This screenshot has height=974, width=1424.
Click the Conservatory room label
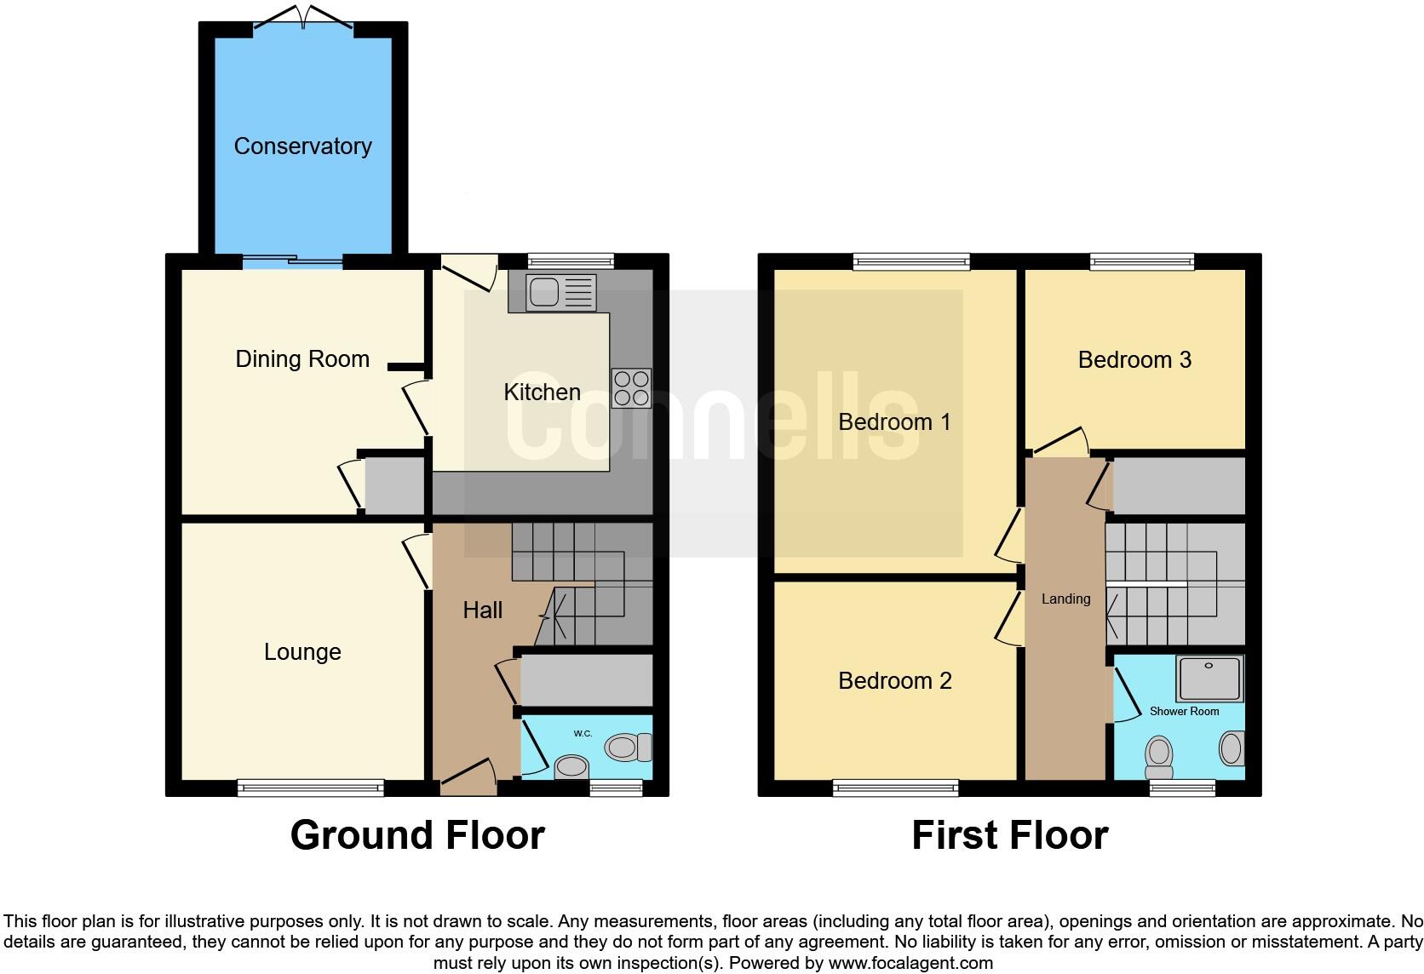(302, 146)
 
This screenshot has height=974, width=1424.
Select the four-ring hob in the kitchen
(631, 388)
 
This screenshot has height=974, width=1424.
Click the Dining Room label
(302, 359)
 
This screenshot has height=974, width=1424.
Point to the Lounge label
(302, 652)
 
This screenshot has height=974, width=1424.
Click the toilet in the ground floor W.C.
(629, 748)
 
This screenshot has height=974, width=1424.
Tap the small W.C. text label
(583, 732)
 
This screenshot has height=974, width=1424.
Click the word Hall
(482, 610)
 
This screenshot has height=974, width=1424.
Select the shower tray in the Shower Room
(1209, 678)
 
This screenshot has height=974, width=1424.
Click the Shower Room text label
(1184, 711)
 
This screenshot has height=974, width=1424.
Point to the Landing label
(1065, 599)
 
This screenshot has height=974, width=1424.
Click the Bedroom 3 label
(1134, 360)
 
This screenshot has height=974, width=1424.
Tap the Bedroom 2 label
(894, 681)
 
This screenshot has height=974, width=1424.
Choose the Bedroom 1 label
(894, 422)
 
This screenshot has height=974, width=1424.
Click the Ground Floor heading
(417, 835)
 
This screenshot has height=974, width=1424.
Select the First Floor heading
(1009, 835)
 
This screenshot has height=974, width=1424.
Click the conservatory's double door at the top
(302, 17)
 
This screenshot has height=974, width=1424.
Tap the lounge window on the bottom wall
(310, 788)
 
